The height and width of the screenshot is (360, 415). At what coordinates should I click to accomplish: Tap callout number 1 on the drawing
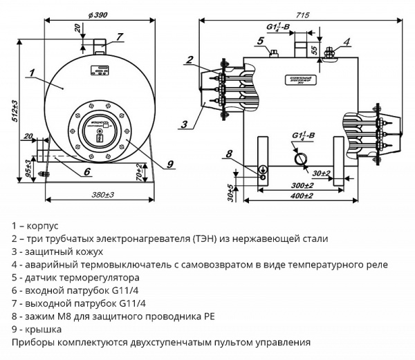pos(32,71)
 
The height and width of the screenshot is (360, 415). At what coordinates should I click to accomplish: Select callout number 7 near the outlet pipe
pos(119,37)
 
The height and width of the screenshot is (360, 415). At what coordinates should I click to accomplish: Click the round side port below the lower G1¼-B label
pos(301,158)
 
